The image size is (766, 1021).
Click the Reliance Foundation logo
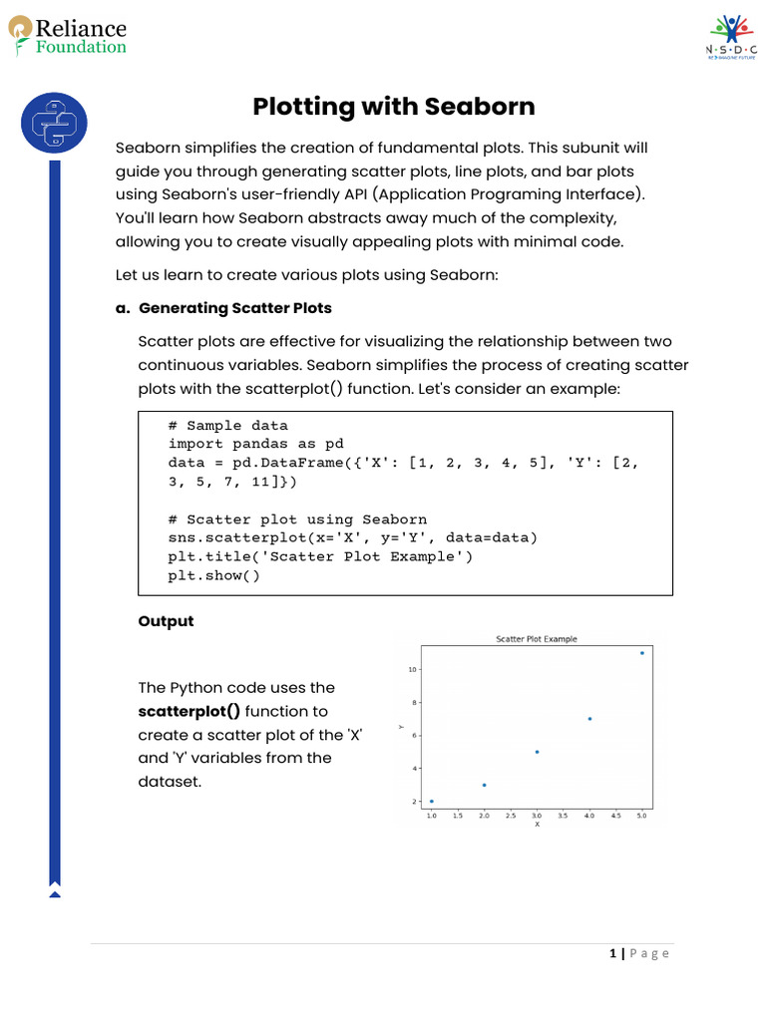pyautogui.click(x=68, y=37)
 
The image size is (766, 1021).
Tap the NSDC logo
pyautogui.click(x=731, y=38)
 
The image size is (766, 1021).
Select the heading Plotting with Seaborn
pyautogui.click(x=393, y=107)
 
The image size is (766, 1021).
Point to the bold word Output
pyautogui.click(x=166, y=621)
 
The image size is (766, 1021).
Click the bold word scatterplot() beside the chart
pyautogui.click(x=189, y=711)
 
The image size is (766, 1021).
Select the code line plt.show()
pyautogui.click(x=213, y=576)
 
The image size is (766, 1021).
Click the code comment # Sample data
pyautogui.click(x=227, y=426)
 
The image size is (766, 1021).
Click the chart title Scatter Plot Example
pyautogui.click(x=536, y=639)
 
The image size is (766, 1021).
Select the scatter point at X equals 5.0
pyautogui.click(x=641, y=653)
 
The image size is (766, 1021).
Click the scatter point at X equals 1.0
pyautogui.click(x=431, y=802)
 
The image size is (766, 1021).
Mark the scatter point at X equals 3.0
pyautogui.click(x=537, y=752)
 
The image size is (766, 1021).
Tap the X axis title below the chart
pyautogui.click(x=537, y=825)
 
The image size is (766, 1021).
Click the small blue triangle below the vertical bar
pyautogui.click(x=55, y=894)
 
